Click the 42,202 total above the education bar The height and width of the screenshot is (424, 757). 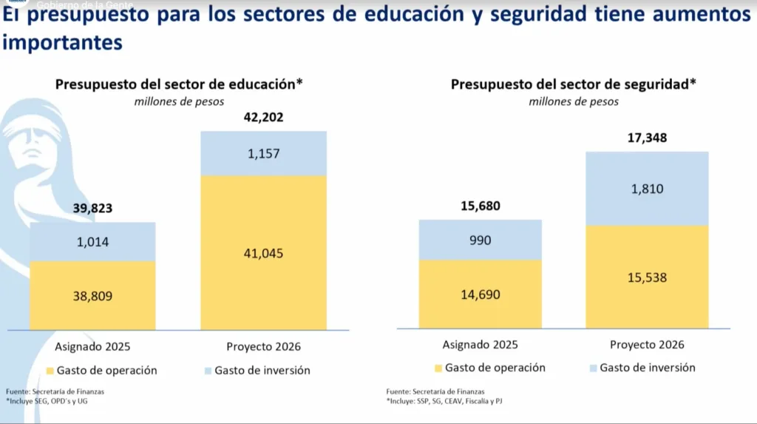[263, 117]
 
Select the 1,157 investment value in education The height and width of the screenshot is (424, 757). [263, 153]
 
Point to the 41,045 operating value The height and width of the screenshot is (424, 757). [263, 253]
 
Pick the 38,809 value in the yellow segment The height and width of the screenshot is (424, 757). [93, 296]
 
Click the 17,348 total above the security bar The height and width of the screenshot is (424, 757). [647, 138]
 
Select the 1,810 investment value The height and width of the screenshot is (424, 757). [647, 189]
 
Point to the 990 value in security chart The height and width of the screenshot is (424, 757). [480, 240]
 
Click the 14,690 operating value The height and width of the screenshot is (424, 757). [480, 295]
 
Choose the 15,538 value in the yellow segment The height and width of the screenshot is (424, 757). [647, 278]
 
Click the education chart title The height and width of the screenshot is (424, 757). [179, 84]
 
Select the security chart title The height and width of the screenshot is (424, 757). [574, 84]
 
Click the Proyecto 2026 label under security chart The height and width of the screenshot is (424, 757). [647, 345]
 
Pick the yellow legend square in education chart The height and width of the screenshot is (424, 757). [50, 370]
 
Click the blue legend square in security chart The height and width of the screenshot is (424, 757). [592, 368]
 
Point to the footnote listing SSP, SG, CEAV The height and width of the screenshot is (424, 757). [448, 401]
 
